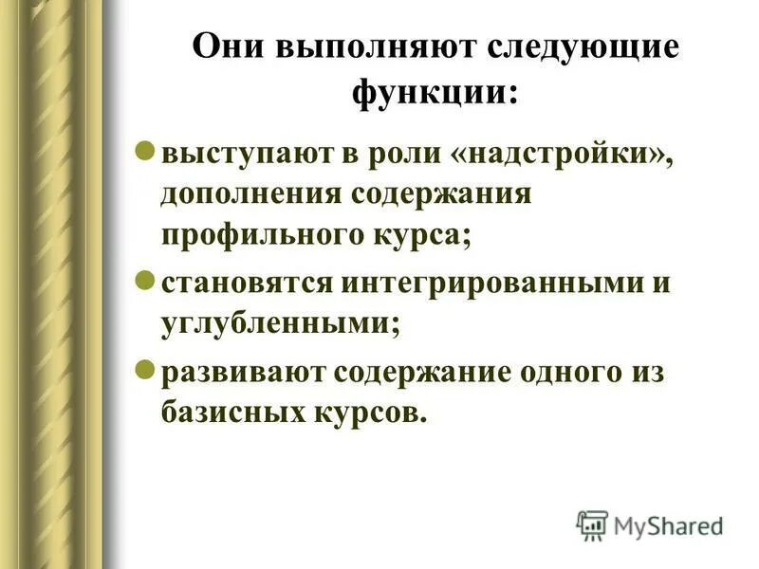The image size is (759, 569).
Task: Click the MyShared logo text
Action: pos(668,524)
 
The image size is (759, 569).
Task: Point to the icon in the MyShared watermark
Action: pos(591,524)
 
